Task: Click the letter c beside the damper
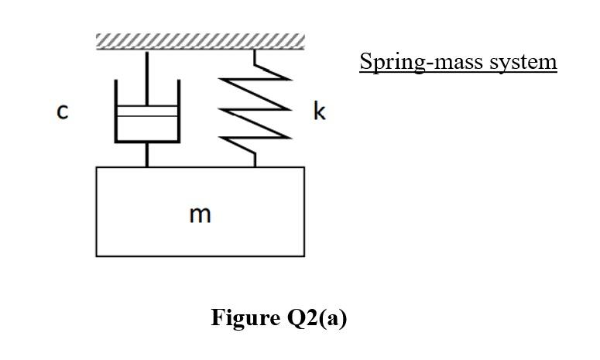[63, 113]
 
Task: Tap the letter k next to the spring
[320, 112]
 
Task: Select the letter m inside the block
[200, 214]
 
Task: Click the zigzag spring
[255, 108]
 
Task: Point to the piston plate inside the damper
[147, 111]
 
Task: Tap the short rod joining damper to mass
[147, 155]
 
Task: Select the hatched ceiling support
[200, 41]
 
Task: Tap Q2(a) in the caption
[315, 317]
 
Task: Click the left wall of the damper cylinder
[115, 111]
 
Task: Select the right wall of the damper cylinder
[179, 111]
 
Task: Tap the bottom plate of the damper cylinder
[147, 142]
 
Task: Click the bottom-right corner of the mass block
[303, 255]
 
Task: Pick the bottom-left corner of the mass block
[97, 255]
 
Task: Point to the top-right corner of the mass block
[303, 167]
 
